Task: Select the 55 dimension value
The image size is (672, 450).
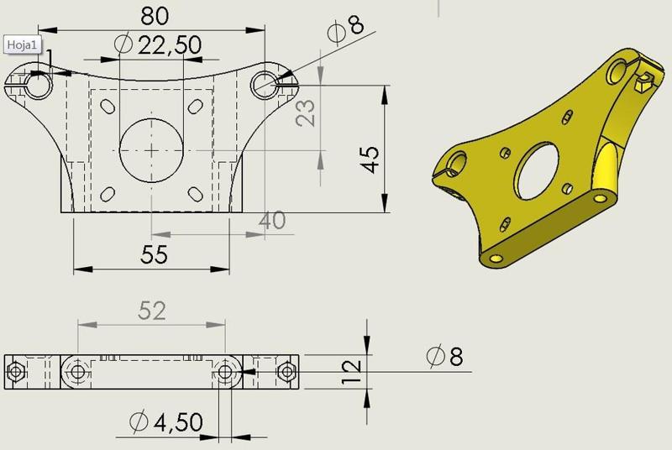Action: click(152, 255)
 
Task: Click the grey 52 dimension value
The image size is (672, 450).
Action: click(151, 311)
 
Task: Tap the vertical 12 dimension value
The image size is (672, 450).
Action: click(354, 368)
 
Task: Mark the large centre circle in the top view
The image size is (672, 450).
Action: click(151, 149)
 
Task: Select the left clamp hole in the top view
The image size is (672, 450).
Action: click(37, 81)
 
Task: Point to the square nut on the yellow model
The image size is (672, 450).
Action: click(643, 82)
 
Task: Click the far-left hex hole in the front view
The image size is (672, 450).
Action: click(14, 370)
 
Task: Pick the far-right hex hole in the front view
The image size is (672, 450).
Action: click(287, 370)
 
